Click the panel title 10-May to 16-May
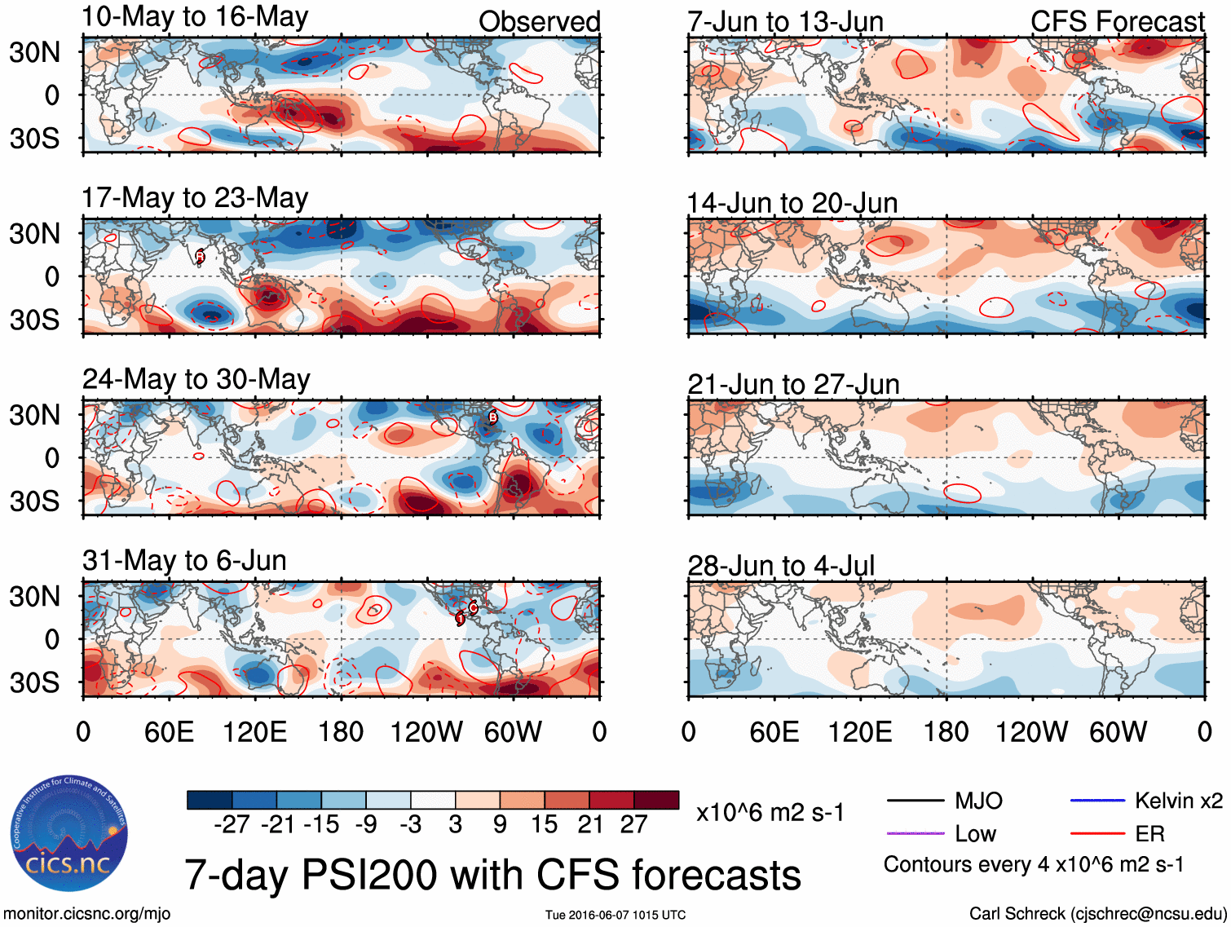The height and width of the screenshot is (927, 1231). click(x=195, y=17)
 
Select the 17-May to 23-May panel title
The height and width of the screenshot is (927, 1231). click(x=195, y=198)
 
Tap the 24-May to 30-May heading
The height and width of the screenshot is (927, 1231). click(x=196, y=380)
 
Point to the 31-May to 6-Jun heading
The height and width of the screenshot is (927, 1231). click(x=184, y=561)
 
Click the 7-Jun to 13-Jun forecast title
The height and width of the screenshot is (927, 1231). click(x=785, y=22)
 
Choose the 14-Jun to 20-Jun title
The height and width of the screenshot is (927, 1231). click(x=792, y=203)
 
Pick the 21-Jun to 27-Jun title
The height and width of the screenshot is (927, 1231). click(x=793, y=384)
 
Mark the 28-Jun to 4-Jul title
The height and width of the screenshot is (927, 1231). click(x=781, y=566)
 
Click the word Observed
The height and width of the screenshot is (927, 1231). click(x=539, y=22)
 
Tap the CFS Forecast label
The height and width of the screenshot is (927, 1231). click(x=1117, y=22)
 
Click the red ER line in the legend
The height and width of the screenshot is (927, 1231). click(x=1097, y=834)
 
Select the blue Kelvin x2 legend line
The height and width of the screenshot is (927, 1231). click(x=1097, y=801)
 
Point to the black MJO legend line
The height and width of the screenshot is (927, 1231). click(x=916, y=801)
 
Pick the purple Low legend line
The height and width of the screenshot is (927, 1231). click(x=916, y=834)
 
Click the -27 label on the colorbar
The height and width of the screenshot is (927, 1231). click(x=232, y=825)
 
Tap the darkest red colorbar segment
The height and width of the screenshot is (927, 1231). click(x=656, y=800)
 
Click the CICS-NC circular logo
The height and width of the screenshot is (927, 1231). click(x=69, y=833)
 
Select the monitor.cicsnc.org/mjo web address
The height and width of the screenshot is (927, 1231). click(x=87, y=914)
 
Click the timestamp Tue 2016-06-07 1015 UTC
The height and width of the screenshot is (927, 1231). click(x=615, y=915)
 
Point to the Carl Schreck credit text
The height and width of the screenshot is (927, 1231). click(x=1097, y=914)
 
